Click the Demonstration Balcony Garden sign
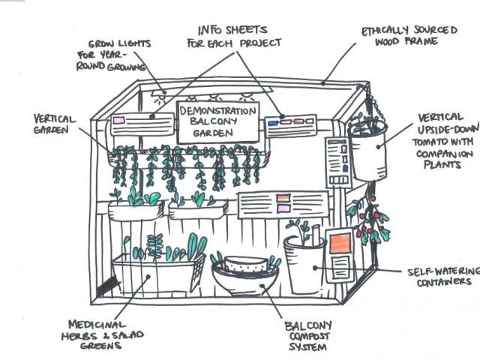[x=217, y=120]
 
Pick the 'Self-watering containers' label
[x=439, y=275]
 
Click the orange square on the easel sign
[x=339, y=244]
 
